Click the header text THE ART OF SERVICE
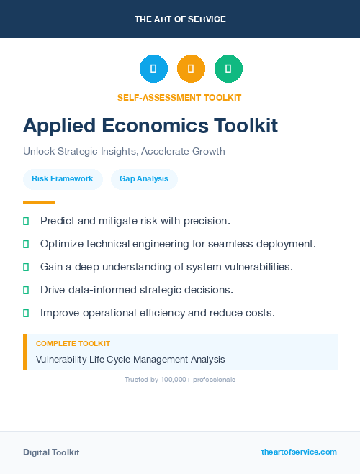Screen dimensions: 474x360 [x=180, y=19]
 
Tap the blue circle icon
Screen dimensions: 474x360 [x=153, y=68]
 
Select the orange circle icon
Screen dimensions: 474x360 [x=191, y=68]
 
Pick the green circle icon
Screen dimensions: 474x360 [x=228, y=68]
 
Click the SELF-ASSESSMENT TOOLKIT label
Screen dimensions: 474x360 [x=179, y=97]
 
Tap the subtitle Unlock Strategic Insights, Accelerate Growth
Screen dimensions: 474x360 [x=124, y=151]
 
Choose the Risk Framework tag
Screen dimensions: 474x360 [x=62, y=178]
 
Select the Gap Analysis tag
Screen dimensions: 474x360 [x=144, y=178]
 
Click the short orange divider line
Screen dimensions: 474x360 [x=39, y=202]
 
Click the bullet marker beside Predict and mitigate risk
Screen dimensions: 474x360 [x=26, y=221]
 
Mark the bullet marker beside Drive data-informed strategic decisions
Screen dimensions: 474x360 [x=26, y=290]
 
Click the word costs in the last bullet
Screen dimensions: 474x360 [x=260, y=313]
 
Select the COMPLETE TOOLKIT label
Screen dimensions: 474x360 [x=73, y=344]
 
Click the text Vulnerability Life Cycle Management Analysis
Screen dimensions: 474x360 [x=130, y=359]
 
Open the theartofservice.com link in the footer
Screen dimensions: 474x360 [x=299, y=452]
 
